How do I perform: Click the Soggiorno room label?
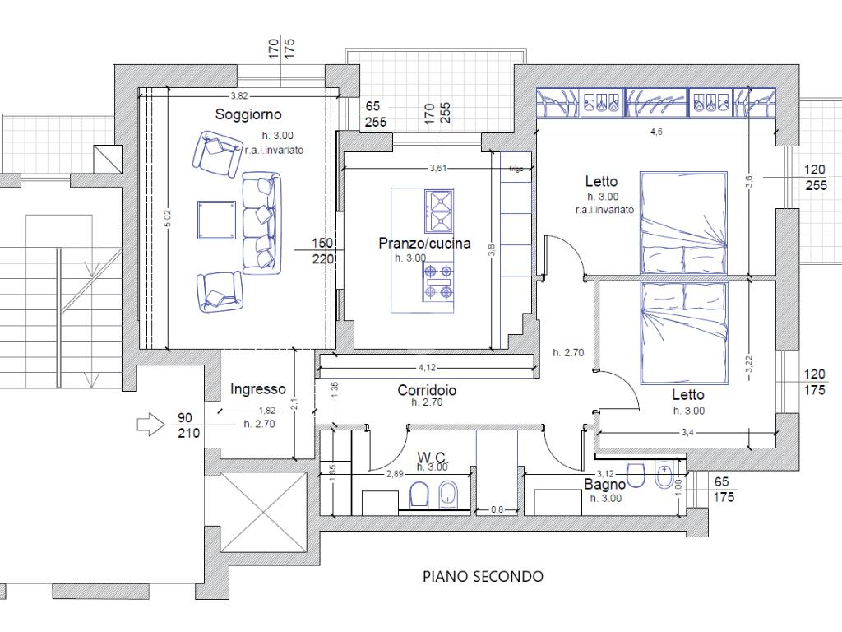point(248,114)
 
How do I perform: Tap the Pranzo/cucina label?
point(424,243)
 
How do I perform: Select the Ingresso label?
point(258,389)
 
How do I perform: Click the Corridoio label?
point(427,390)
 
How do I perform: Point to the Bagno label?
point(605,485)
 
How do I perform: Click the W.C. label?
point(432,457)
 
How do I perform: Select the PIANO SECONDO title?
point(483,576)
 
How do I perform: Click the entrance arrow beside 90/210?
point(149,425)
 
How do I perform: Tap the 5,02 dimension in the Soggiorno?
point(168,218)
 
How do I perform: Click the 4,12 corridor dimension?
point(427,368)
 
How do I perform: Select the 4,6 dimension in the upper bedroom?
point(656,132)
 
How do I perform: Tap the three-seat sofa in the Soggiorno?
point(261,224)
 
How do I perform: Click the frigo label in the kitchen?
point(516,169)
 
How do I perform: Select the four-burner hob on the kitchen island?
point(437,281)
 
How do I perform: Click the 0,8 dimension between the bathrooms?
point(497,510)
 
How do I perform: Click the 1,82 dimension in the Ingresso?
point(267,411)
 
